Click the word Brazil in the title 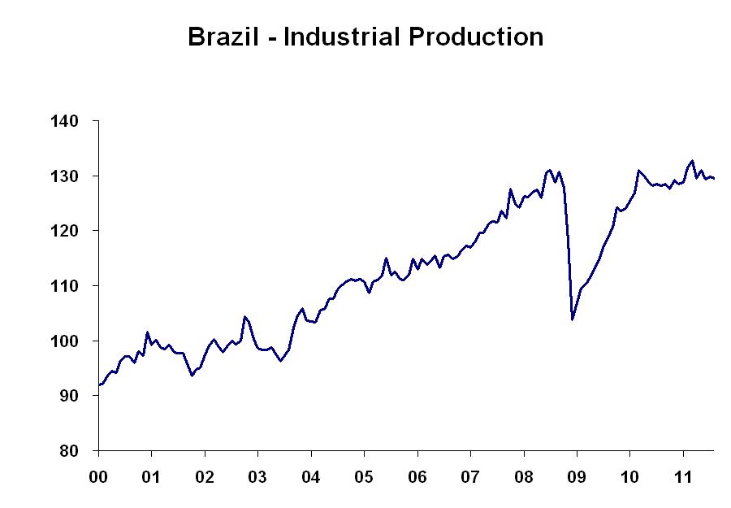[x=222, y=37]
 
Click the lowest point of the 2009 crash [x=573, y=319]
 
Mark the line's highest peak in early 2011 [x=692, y=161]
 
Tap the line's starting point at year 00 [x=98, y=384]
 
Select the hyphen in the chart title [x=271, y=39]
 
